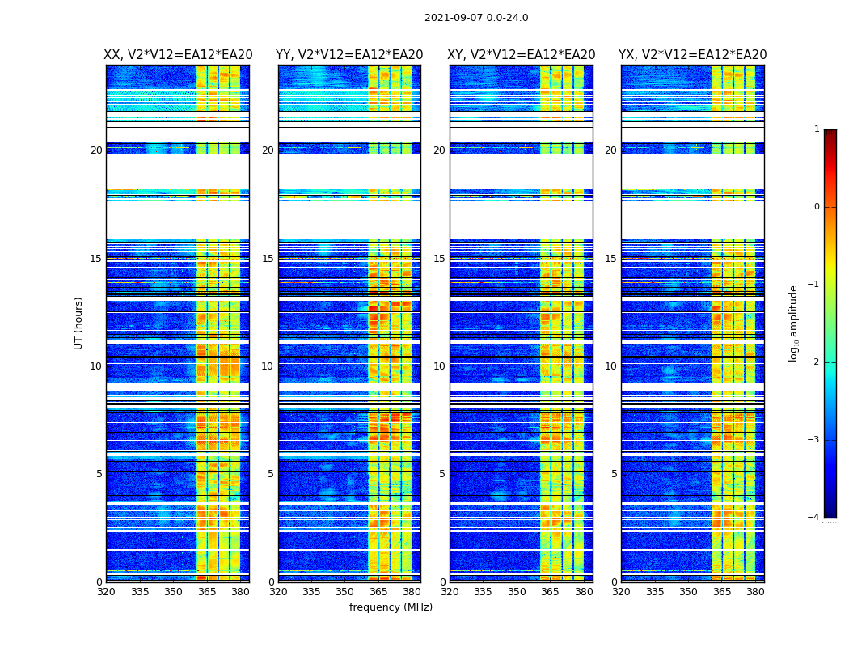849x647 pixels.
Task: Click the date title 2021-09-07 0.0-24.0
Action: point(476,18)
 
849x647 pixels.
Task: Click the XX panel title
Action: point(178,55)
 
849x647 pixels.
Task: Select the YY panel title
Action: point(349,55)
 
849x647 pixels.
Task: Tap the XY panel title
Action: point(522,55)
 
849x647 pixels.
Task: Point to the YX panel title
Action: point(693,55)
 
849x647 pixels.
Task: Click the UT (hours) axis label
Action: point(79,323)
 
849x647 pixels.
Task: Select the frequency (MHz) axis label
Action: point(391,607)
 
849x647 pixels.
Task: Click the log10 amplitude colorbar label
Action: point(794,323)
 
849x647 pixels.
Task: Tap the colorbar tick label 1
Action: point(817,129)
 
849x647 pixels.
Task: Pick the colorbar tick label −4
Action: point(813,518)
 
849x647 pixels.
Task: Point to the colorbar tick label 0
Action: point(817,207)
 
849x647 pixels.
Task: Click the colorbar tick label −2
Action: point(813,362)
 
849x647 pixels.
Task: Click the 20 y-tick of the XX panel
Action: point(96,150)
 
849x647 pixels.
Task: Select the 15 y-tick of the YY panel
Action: point(268,259)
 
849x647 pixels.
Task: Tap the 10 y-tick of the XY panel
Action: point(439,366)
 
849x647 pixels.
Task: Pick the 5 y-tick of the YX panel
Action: point(615,474)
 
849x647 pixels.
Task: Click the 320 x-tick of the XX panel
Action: point(106,591)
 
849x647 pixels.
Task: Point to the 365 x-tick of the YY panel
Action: point(378,591)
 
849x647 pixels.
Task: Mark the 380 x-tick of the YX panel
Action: point(755,591)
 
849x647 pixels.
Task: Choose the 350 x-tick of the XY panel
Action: point(517,591)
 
